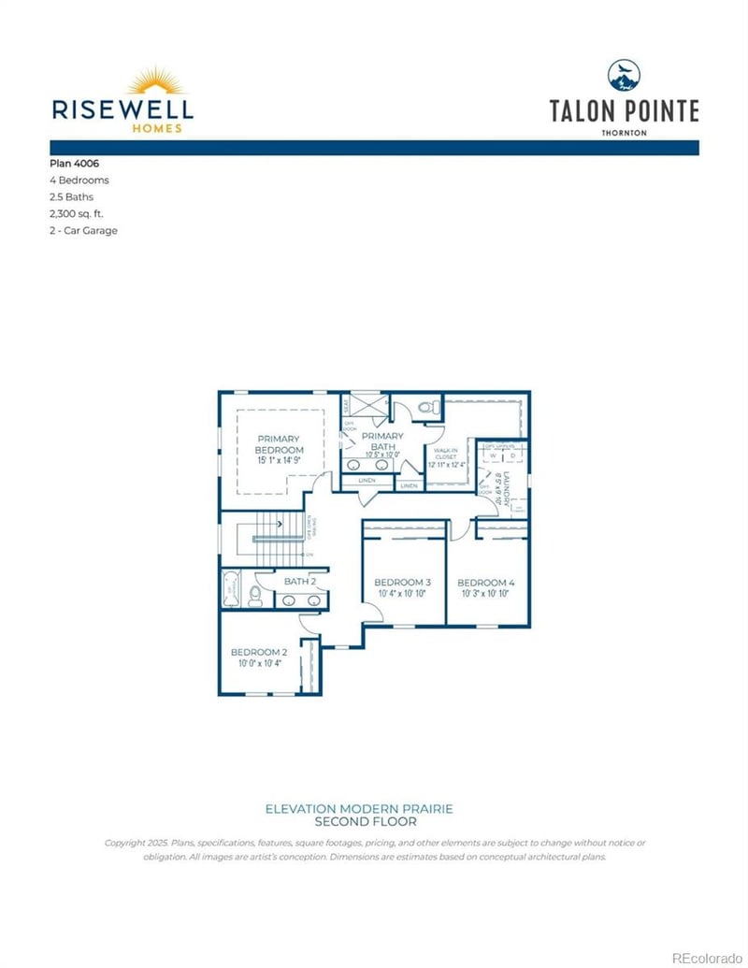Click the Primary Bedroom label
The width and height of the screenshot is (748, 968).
tap(279, 443)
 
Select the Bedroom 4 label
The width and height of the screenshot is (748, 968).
tap(486, 582)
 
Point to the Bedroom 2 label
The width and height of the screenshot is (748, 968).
tap(258, 652)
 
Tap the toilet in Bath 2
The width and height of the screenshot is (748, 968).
tap(254, 596)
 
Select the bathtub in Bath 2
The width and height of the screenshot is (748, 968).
tap(231, 590)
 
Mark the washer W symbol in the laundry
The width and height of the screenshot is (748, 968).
tap(493, 456)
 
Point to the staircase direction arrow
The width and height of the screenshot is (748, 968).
tap(280, 525)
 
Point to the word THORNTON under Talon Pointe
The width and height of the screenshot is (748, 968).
tap(624, 133)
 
